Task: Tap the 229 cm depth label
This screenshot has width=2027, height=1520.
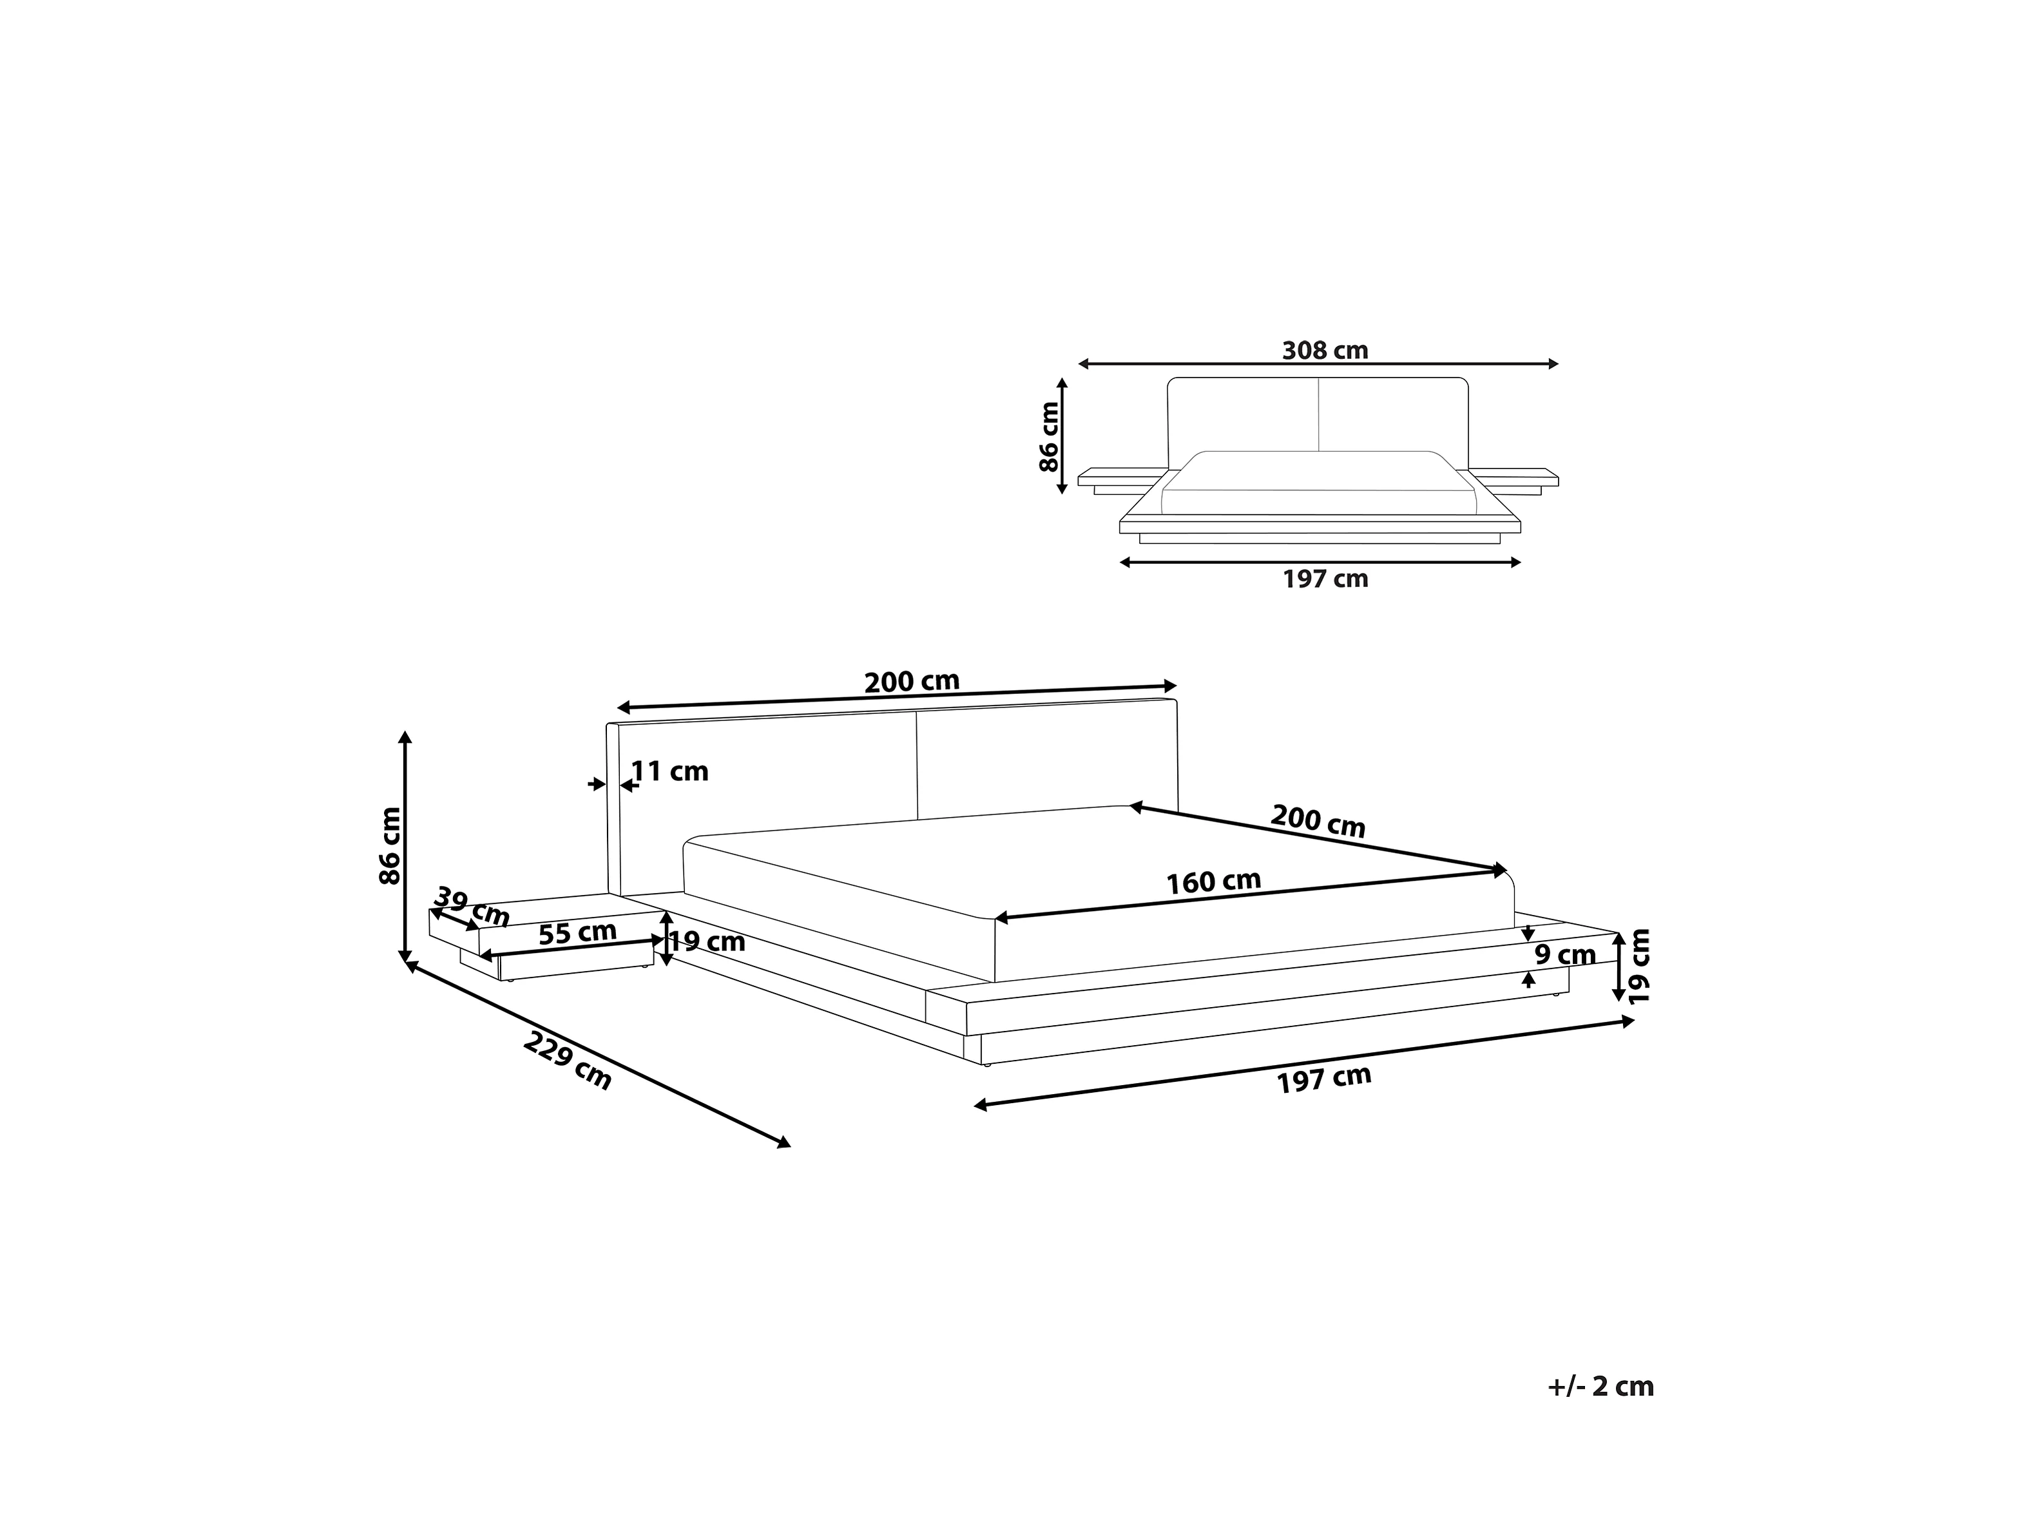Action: pyautogui.click(x=567, y=1061)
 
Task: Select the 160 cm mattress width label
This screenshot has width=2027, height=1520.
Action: pyautogui.click(x=1213, y=881)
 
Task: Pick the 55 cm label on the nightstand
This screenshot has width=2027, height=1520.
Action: pyautogui.click(x=577, y=934)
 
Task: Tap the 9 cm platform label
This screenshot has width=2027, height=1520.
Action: pyautogui.click(x=1565, y=955)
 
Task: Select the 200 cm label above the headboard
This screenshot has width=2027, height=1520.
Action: pyautogui.click(x=912, y=682)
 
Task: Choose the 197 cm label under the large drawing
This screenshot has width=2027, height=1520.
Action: pyautogui.click(x=1324, y=1079)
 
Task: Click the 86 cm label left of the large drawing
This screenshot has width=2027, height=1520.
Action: pyautogui.click(x=390, y=845)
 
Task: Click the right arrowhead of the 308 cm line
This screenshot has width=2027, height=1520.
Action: pyautogui.click(x=1553, y=364)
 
